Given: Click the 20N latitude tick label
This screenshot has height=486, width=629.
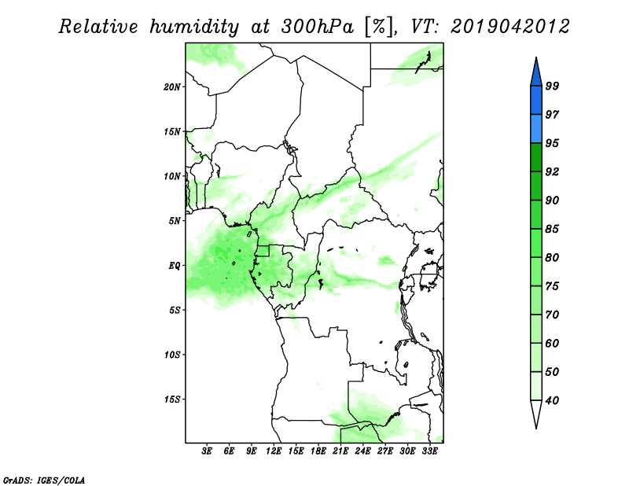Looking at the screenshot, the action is tap(172, 87).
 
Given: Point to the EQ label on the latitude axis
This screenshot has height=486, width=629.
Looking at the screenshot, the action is tap(174, 266).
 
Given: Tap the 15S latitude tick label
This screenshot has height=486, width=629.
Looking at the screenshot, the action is tap(172, 399).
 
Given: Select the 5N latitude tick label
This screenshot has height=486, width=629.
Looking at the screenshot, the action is tap(175, 221).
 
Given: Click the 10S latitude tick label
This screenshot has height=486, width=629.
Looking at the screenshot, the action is tap(172, 355).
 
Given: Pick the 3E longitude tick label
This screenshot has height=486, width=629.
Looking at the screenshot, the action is tap(207, 451).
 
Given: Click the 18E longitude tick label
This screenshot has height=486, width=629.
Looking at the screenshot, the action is tap(318, 451).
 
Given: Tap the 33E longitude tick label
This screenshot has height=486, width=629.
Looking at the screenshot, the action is tap(429, 451).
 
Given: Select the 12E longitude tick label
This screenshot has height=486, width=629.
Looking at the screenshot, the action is tap(274, 451).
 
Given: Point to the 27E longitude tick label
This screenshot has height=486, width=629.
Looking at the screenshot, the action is tap(385, 451).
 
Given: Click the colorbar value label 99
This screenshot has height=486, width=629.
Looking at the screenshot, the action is tap(552, 86).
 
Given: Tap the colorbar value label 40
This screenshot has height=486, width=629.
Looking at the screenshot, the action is tap(552, 400).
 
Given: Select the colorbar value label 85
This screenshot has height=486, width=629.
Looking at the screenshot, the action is tap(552, 229).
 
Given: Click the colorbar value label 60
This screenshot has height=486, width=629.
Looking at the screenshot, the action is tap(552, 343).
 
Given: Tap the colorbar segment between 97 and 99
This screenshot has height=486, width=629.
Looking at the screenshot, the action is tap(536, 101).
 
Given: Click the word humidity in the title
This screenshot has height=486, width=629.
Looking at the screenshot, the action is tap(193, 27).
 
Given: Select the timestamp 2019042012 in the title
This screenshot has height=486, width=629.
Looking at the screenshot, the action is tap(509, 27).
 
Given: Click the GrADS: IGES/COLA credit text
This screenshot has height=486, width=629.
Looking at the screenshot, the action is tap(44, 480).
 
